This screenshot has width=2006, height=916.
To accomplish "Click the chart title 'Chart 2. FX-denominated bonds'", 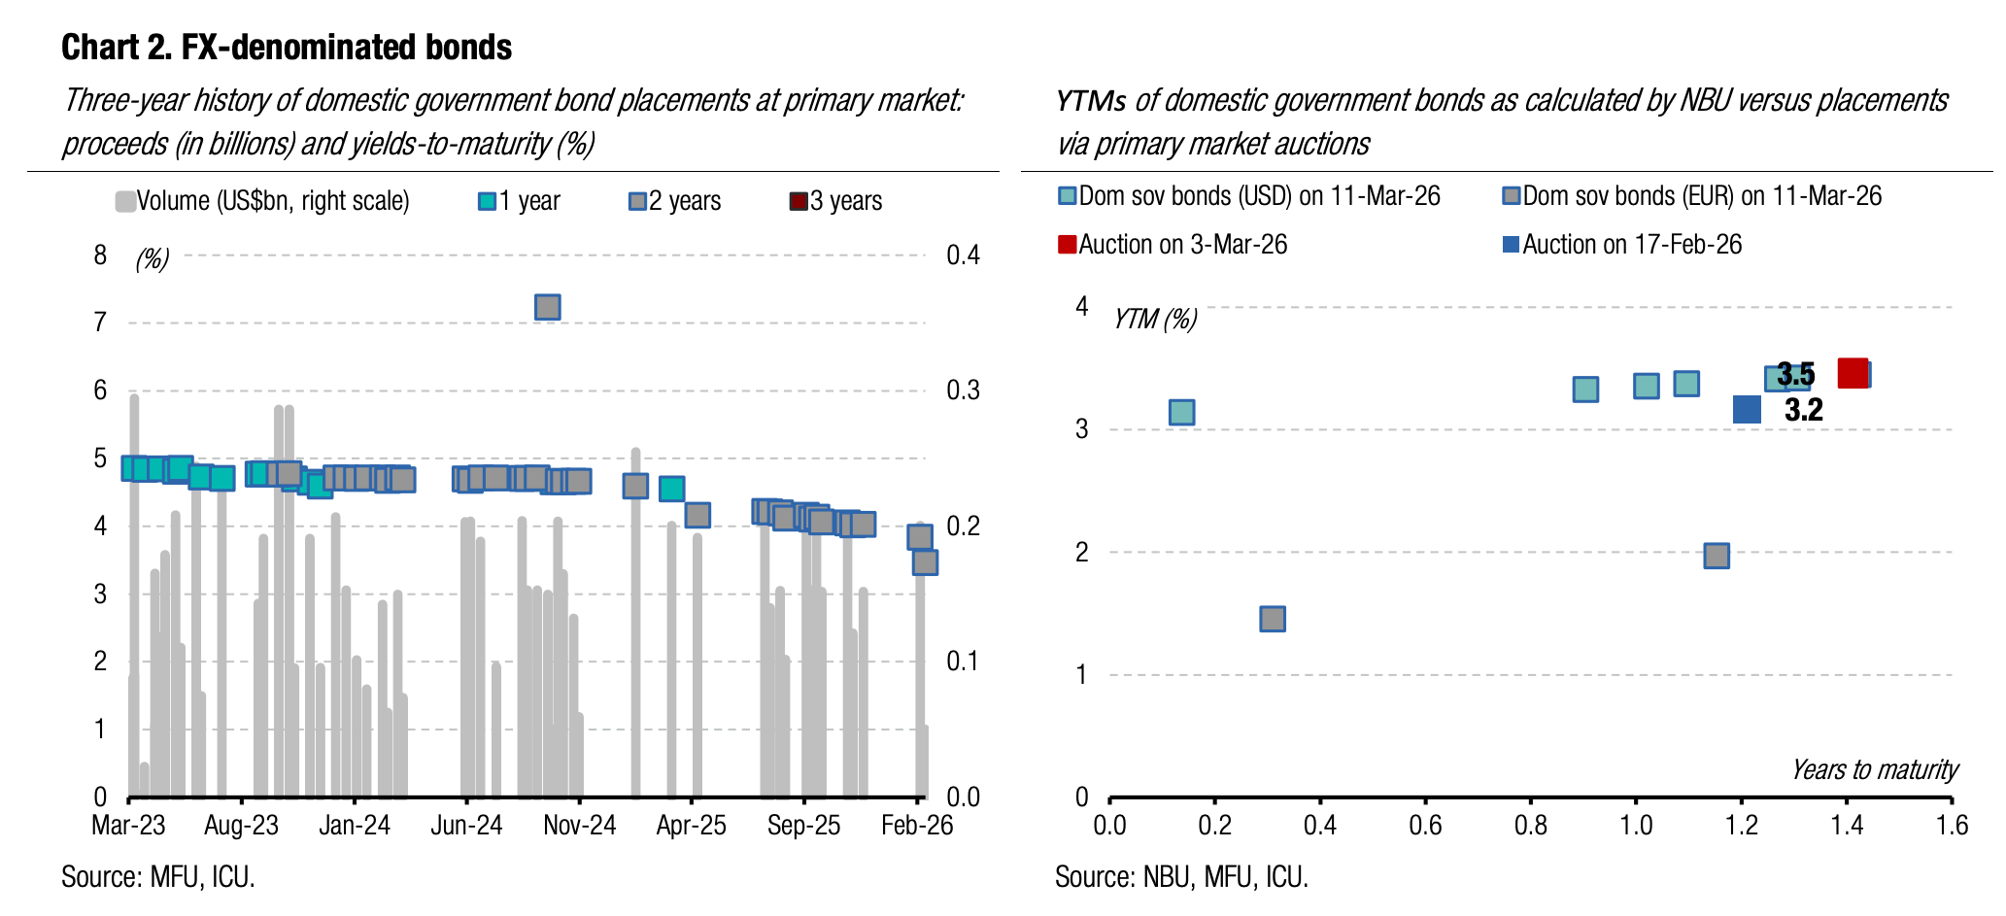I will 287,47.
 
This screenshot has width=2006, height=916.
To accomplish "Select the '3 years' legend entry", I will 835,201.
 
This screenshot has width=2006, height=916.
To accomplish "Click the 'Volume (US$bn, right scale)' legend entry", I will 262,201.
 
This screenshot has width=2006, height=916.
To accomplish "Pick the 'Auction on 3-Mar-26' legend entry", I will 1173,244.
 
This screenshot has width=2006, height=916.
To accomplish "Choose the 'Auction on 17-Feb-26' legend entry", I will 1622,244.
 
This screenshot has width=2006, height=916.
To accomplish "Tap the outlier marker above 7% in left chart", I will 548,307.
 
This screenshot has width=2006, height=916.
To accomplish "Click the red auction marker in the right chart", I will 1853,373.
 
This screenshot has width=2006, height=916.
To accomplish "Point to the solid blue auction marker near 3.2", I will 1747,409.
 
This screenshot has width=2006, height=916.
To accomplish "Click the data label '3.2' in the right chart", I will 1804,410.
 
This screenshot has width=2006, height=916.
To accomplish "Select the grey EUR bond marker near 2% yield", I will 1717,556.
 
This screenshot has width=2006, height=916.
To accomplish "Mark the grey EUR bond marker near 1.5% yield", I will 1273,619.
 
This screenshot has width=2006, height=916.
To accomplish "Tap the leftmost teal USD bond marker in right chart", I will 1181,412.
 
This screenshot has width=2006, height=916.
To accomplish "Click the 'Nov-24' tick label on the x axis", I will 580,826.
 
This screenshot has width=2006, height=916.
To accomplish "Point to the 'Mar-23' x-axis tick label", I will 128,826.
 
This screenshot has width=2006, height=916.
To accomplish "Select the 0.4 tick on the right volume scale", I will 964,255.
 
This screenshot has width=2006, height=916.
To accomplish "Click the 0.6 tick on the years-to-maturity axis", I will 1425,826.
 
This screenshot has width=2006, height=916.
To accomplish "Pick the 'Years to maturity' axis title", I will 1875,769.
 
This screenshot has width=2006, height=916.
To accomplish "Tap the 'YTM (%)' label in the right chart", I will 1155,319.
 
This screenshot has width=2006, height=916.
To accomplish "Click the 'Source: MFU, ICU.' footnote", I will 158,877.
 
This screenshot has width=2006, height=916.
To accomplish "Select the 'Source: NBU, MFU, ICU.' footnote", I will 1181,877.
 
